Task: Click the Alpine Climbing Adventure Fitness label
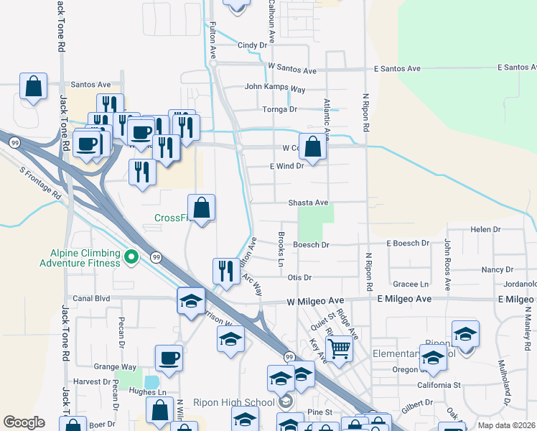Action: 85,258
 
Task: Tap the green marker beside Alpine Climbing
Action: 131,256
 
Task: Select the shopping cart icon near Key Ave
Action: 339,350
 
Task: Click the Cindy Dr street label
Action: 252,45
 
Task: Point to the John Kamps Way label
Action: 275,88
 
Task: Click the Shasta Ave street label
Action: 308,203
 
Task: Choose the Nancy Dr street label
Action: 492,269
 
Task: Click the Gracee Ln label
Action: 414,284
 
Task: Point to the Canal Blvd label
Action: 92,298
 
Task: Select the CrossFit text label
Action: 171,218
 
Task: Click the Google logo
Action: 24,422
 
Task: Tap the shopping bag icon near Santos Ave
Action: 34,87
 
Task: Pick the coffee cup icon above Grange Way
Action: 169,357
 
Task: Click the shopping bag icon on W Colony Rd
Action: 313,147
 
